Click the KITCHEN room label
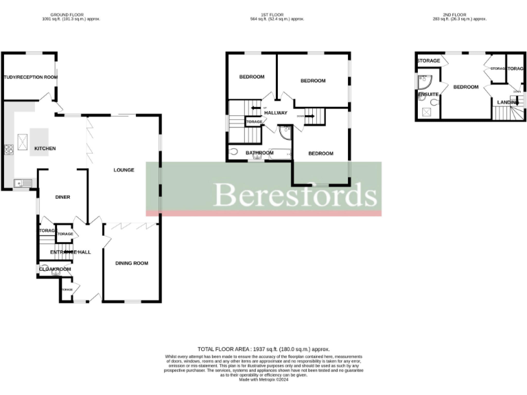pos(45,148)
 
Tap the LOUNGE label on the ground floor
pos(124,170)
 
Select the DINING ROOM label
pos(132,263)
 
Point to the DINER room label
pos(63,197)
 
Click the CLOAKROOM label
pos(55,270)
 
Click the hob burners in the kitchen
pos(10,149)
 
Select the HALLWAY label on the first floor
pos(275,113)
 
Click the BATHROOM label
pos(260,153)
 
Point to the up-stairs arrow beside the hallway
pos(256,108)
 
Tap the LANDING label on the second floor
pos(508,102)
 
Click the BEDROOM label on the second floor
pos(466,86)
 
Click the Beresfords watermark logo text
pos(296,195)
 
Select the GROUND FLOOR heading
pos(71,14)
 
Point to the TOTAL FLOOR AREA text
pos(263,349)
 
